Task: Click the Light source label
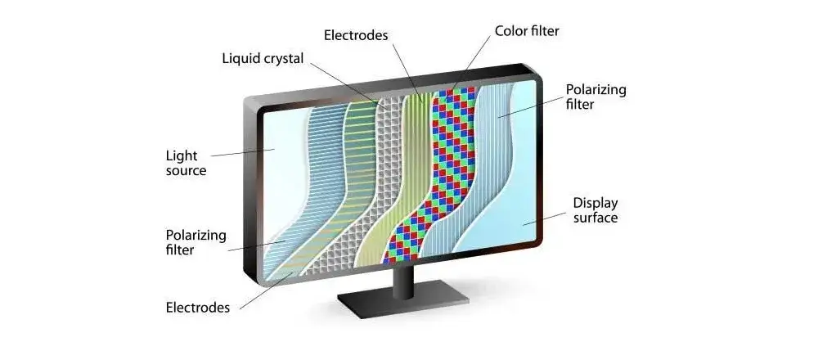186,163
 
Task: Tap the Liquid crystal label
263,58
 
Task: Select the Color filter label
527,31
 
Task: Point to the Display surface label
596,210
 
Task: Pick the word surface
596,218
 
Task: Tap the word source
186,171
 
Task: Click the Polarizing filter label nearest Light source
196,242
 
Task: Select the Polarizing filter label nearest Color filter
596,97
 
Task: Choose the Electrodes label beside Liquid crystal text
356,35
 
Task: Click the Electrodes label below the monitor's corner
198,308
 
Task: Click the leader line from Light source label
243,153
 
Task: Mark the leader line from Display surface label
545,218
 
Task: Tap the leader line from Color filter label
471,62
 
